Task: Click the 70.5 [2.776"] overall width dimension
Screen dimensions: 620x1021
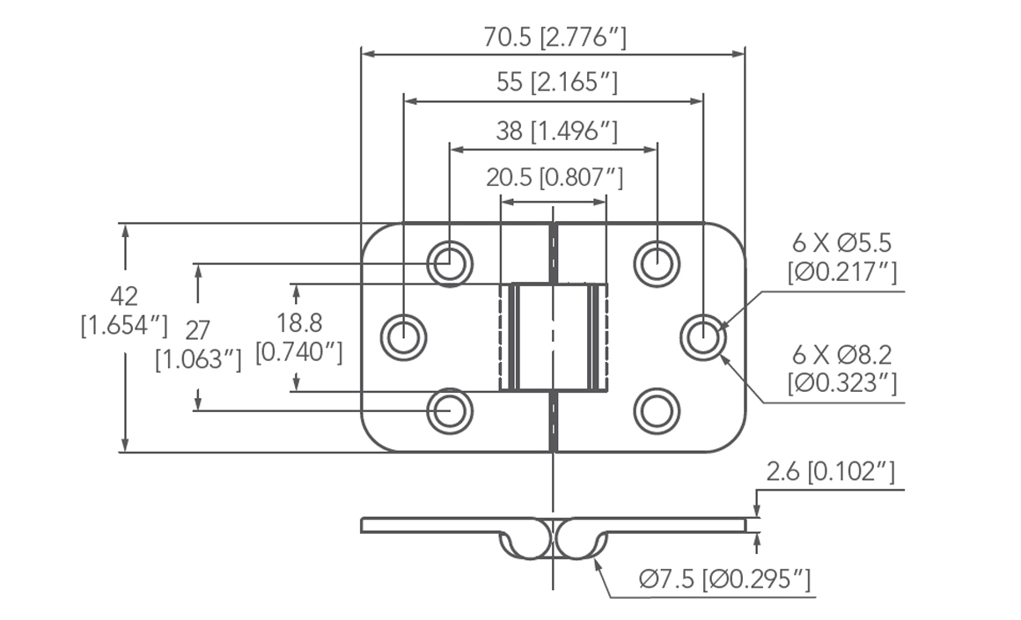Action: pos(555,38)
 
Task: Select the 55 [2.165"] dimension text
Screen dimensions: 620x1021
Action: pos(557,83)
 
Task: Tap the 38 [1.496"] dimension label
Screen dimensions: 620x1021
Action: pos(556,131)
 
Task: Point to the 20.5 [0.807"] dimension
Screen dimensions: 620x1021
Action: pos(555,178)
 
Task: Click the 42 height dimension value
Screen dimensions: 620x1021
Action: pos(124,296)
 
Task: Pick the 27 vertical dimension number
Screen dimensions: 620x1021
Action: pos(198,330)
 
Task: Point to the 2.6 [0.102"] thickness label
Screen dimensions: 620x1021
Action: pos(830,473)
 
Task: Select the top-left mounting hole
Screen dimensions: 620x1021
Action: pos(450,262)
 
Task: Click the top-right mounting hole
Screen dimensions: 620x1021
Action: pos(657,262)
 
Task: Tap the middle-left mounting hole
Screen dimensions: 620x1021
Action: pos(404,336)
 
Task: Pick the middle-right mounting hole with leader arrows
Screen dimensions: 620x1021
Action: pos(703,336)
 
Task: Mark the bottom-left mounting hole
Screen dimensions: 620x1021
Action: pos(450,410)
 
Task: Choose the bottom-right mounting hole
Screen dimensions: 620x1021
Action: pos(657,410)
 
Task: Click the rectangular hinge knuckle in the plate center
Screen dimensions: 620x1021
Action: pos(554,337)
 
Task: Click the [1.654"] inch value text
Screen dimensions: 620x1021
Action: pos(124,325)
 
